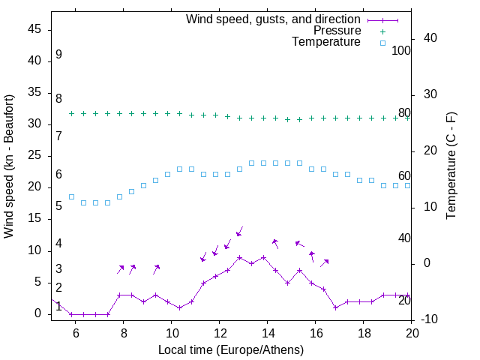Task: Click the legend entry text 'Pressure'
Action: coord(337,31)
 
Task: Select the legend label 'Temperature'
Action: coord(326,43)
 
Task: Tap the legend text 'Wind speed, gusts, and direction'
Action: coord(274,19)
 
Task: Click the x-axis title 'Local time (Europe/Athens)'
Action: coord(231,350)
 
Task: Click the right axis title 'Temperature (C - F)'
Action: coord(451,166)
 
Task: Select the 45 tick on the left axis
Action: coord(35,29)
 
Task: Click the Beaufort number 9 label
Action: coord(58,55)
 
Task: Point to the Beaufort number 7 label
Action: coord(58,136)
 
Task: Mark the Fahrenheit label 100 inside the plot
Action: coord(401,51)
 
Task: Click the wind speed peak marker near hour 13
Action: coord(239,257)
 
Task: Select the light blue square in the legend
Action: coord(382,43)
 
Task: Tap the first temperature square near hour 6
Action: coord(71,196)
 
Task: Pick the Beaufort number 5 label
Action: coord(58,206)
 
